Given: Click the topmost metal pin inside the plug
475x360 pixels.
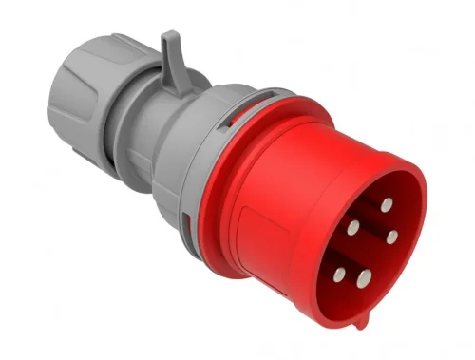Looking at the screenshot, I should (x=387, y=204).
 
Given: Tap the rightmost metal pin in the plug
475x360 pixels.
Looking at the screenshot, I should (x=391, y=234).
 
